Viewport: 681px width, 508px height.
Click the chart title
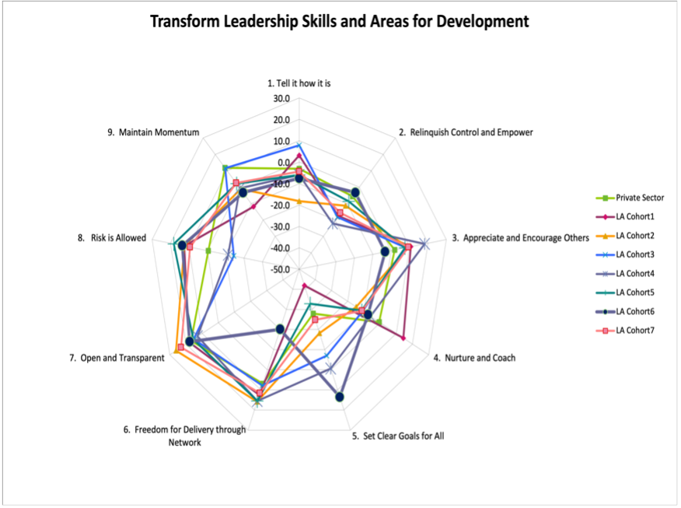[339, 22]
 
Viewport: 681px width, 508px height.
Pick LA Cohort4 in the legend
[637, 273]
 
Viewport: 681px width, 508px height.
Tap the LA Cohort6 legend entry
[637, 311]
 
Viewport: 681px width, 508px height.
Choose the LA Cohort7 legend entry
[637, 331]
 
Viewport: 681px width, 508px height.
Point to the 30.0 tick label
[281, 100]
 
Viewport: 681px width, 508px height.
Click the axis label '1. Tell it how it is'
[299, 82]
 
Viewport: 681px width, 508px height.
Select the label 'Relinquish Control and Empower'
[471, 132]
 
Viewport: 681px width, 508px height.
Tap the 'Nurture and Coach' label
[475, 358]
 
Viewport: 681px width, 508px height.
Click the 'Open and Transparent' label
[117, 358]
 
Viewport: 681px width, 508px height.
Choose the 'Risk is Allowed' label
[113, 238]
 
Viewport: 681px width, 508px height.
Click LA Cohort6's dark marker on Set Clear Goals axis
[340, 398]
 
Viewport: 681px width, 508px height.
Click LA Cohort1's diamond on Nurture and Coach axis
[403, 338]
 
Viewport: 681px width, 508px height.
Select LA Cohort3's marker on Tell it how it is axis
[299, 145]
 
